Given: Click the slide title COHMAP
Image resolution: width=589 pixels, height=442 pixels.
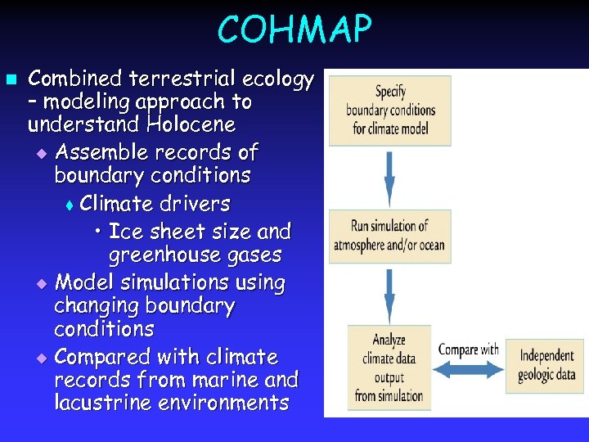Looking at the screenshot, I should pos(294,30).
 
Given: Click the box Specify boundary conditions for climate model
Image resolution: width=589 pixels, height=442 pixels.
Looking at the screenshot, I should pos(390,110).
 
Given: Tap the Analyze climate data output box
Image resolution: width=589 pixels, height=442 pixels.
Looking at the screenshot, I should pos(389,367).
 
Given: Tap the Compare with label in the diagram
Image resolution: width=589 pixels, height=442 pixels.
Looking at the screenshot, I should pos(468,350).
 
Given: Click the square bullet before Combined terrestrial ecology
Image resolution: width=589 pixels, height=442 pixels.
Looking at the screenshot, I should pos(11,79).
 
